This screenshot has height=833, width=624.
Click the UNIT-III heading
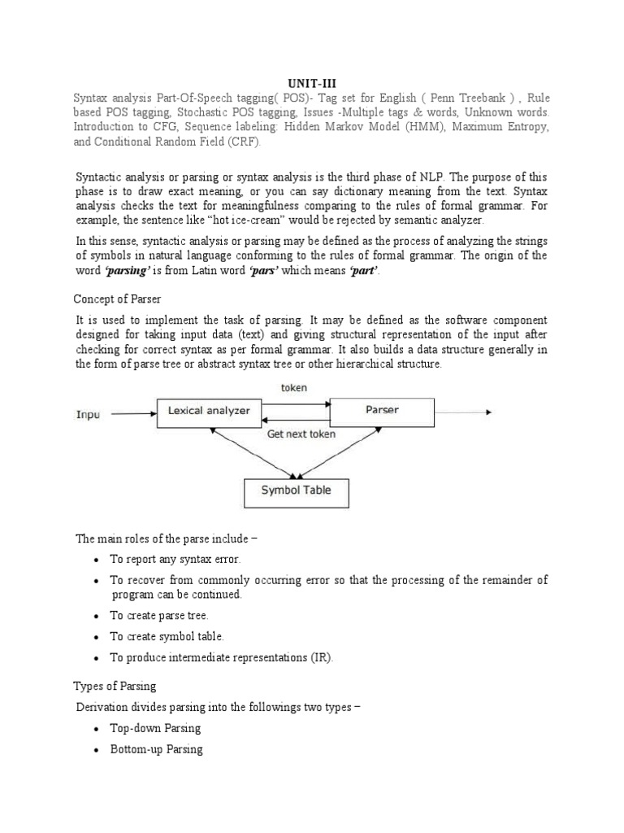(x=311, y=82)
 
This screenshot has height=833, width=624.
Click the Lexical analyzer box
(x=209, y=412)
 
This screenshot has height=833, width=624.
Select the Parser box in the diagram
(x=382, y=411)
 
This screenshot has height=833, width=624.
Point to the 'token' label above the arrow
(x=294, y=388)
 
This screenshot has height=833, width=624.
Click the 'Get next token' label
(x=301, y=434)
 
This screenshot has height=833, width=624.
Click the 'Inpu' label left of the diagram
(x=89, y=414)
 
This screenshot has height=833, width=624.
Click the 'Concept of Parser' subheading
(x=116, y=299)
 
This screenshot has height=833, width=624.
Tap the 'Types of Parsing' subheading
(x=115, y=687)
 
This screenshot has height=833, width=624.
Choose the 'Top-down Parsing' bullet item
(x=155, y=728)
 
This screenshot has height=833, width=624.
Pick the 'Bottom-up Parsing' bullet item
(x=156, y=749)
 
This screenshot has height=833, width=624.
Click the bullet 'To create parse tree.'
(x=159, y=616)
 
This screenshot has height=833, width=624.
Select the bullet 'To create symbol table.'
(x=167, y=636)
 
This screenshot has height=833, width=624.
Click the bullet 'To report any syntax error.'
(x=175, y=560)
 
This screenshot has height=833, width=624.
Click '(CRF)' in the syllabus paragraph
(x=245, y=142)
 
